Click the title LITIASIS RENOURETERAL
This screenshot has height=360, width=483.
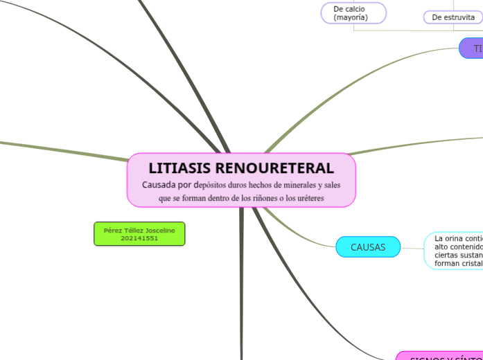click(x=240, y=168)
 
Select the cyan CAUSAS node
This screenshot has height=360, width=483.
click(x=368, y=247)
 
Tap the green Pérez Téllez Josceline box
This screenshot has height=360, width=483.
click(x=139, y=233)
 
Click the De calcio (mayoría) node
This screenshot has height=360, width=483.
click(x=353, y=13)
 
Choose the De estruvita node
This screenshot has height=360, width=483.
click(x=453, y=17)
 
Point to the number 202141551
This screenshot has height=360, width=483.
click(x=139, y=238)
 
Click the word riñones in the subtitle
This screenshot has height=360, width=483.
click(x=266, y=198)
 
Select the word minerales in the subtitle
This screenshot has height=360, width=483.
click(x=294, y=185)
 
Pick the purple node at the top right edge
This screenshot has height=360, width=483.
click(x=473, y=48)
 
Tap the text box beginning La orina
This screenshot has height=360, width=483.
click(x=453, y=251)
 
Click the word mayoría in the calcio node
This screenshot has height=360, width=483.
click(x=351, y=17)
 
